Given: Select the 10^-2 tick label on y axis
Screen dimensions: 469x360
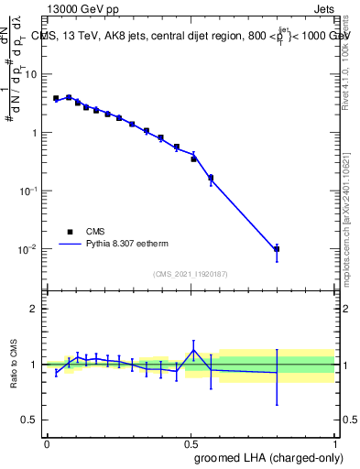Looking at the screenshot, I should coord(28,249).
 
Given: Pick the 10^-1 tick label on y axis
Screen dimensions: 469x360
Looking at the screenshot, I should coord(28,191).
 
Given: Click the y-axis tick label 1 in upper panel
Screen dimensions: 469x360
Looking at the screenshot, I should coord(34,132).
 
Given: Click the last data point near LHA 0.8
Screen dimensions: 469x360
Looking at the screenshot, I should coord(277,248).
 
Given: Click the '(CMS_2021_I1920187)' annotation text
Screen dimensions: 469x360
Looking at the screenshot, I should coord(190,273).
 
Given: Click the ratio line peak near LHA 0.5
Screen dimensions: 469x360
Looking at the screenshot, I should coord(193,350).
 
